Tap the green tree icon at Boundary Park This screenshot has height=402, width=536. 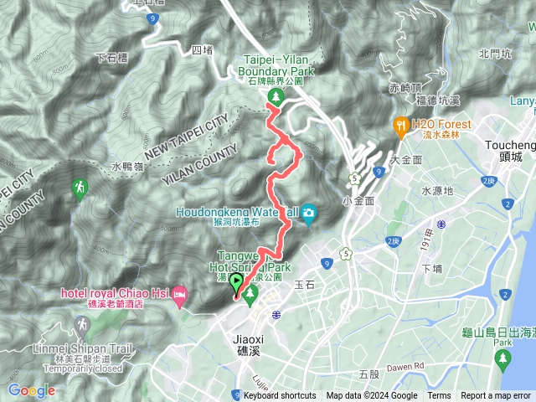(275, 99)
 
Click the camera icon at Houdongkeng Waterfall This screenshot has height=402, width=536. (308, 214)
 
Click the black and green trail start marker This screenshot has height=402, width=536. (235, 284)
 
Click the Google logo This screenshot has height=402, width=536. (31, 389)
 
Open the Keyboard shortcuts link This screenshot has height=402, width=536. (280, 396)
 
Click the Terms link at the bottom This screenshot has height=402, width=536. (439, 396)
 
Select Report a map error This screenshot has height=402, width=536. (496, 396)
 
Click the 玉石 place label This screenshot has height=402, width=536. (304, 285)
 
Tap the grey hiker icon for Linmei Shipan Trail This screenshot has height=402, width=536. (80, 324)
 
